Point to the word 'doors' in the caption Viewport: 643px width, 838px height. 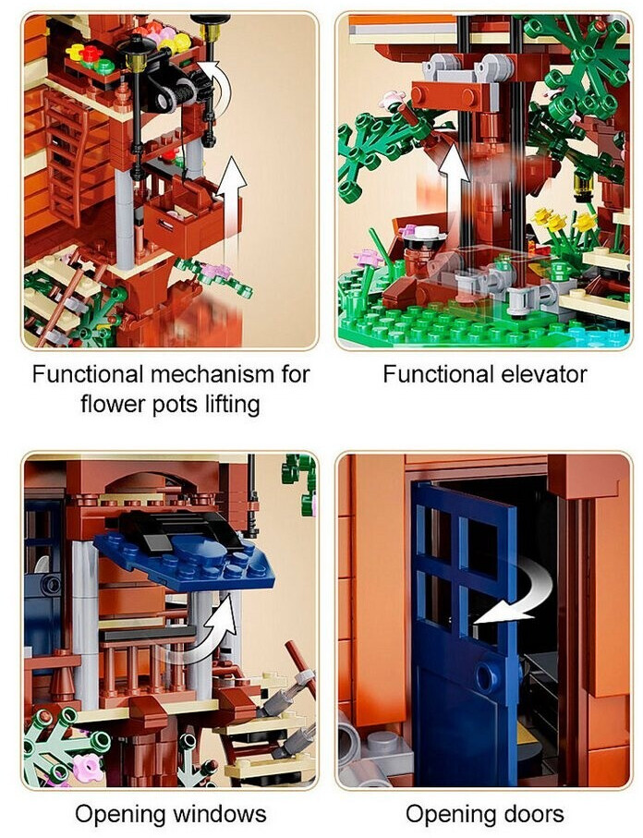531,814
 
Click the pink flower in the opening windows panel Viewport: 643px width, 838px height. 88,768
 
